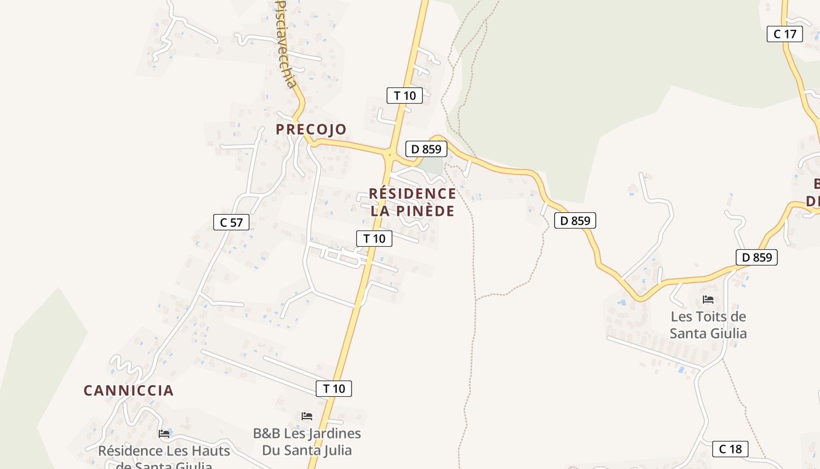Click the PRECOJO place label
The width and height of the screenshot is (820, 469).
311,129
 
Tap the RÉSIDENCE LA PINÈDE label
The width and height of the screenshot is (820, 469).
412,202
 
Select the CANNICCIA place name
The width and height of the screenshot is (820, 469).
128,390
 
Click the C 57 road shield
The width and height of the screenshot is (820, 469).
231,222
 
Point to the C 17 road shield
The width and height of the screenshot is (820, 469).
785,34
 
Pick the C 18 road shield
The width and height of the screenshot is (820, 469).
730,449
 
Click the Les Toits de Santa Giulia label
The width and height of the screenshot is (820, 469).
708,325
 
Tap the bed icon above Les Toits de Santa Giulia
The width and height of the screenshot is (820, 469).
708,300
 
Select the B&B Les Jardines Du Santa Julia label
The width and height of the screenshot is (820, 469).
307,441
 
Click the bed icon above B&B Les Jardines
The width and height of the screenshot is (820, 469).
307,416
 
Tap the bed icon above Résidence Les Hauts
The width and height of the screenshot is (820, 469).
164,434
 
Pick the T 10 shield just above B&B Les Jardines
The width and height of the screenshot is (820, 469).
334,388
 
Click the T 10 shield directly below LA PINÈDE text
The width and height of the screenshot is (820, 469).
374,239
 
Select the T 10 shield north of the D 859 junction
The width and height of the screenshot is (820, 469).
405,96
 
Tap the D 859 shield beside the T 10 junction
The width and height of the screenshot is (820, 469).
426,149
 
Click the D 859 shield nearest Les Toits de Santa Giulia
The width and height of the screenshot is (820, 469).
757,257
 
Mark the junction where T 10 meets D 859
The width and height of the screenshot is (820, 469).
389,155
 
